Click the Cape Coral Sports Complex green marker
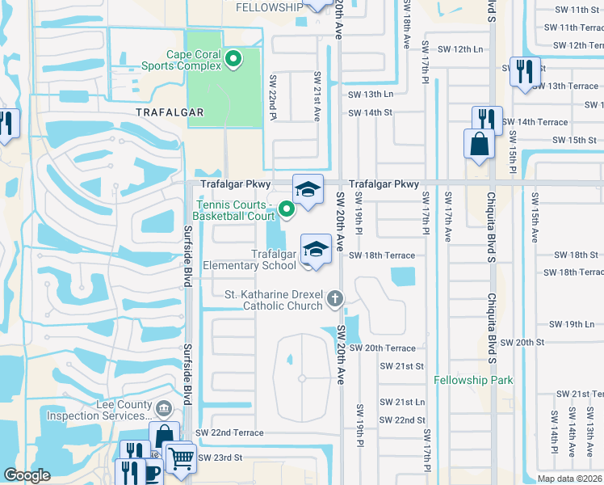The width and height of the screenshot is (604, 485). pyautogui.click(x=234, y=58)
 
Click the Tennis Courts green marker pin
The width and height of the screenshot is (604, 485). pyautogui.click(x=286, y=210)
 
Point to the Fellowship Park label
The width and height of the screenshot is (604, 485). pyautogui.click(x=473, y=380)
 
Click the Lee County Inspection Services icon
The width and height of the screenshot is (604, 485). pyautogui.click(x=164, y=408)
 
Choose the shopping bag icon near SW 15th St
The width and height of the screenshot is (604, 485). pyautogui.click(x=479, y=145)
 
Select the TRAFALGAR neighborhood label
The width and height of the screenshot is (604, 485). pyautogui.click(x=169, y=112)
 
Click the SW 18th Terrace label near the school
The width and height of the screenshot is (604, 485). pyautogui.click(x=382, y=255)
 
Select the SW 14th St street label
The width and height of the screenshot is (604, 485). pyautogui.click(x=370, y=112)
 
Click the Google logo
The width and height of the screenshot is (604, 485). pyautogui.click(x=27, y=475)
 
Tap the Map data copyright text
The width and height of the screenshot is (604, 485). pyautogui.click(x=569, y=479)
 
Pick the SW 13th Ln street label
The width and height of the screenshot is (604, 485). pyautogui.click(x=370, y=94)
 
